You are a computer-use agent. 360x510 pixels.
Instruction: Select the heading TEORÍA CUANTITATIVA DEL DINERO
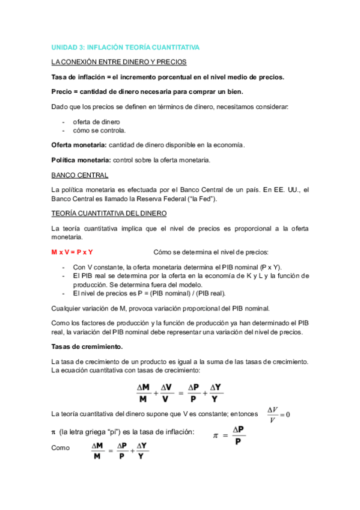[109, 214]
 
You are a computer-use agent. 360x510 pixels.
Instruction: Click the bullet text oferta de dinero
[96, 121]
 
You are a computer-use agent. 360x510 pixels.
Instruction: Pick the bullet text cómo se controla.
[99, 130]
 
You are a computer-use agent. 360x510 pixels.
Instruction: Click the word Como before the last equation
[61, 448]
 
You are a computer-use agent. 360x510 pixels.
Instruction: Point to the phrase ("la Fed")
[202, 198]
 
